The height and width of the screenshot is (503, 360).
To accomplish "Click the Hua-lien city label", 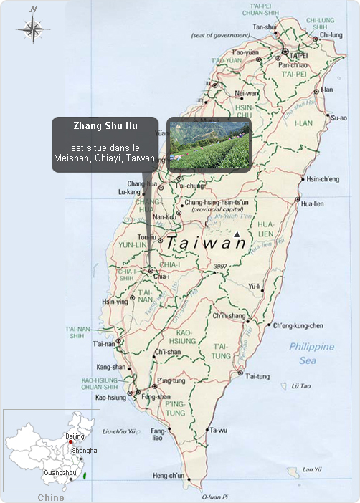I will (313, 203).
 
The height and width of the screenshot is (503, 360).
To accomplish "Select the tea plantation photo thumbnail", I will (209, 145).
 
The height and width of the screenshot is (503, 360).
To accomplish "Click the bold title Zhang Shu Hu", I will (105, 125).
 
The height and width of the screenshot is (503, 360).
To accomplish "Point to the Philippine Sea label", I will (312, 353).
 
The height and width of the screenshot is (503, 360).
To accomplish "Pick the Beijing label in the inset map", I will (75, 436).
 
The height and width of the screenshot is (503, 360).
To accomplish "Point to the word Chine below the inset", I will (50, 497).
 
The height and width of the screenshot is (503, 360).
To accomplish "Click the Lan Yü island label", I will (311, 469).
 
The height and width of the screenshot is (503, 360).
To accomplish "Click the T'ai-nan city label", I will (104, 344).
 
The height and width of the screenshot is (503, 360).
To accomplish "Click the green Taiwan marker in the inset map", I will (85, 475).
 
